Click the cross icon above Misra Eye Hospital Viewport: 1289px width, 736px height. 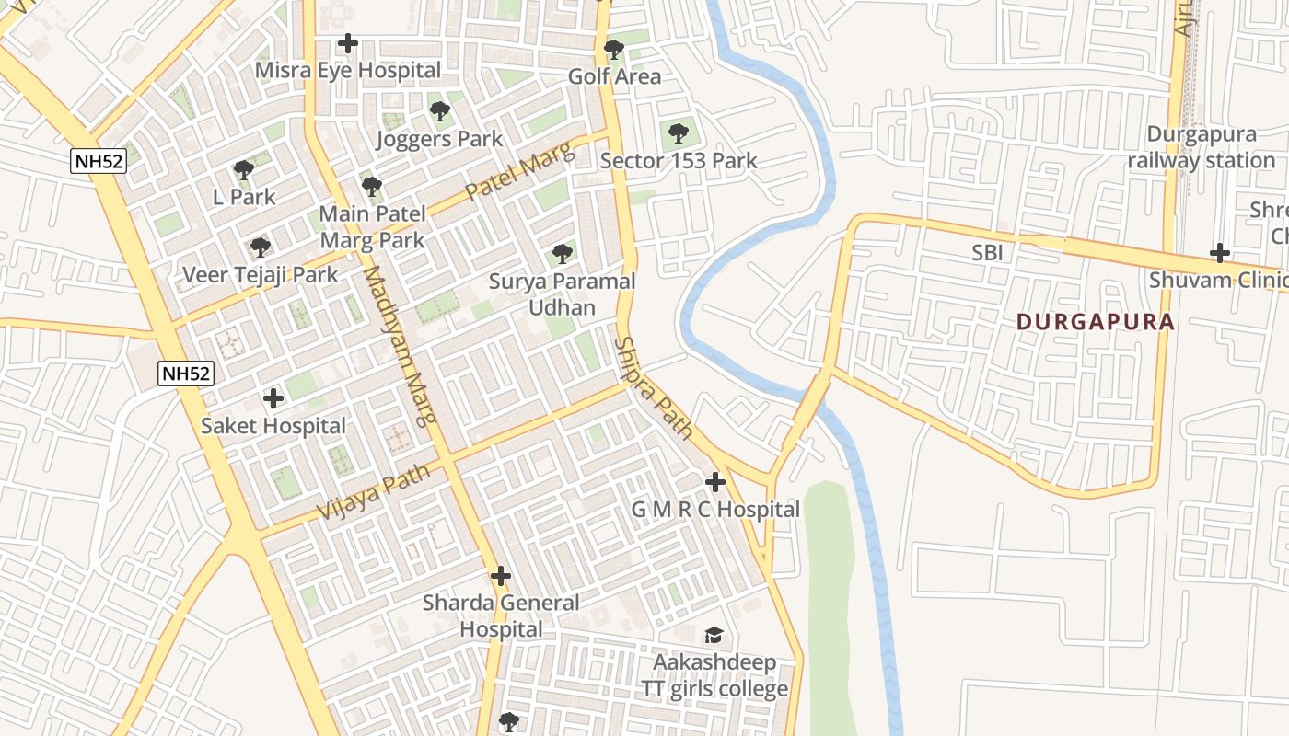(x=347, y=43)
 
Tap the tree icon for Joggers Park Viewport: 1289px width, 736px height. (x=440, y=112)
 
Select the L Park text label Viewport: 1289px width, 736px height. (x=244, y=197)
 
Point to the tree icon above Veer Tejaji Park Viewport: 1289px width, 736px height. (x=261, y=247)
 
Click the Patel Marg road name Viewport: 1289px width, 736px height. (x=520, y=172)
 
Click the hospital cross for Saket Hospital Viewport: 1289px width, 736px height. (x=273, y=398)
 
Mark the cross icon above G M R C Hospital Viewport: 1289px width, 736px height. (x=715, y=481)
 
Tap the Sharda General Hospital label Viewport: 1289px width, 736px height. (x=501, y=616)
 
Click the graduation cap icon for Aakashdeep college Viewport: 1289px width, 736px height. (x=714, y=635)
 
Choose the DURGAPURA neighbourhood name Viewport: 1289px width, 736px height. (x=1096, y=322)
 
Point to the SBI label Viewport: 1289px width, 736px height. (x=987, y=252)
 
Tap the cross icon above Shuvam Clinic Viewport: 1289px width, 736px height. (x=1220, y=253)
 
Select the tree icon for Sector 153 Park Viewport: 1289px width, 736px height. (x=679, y=133)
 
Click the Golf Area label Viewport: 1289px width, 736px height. (x=614, y=76)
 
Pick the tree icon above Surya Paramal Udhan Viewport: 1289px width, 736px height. (x=562, y=253)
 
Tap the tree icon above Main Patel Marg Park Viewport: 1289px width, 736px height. (x=372, y=187)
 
